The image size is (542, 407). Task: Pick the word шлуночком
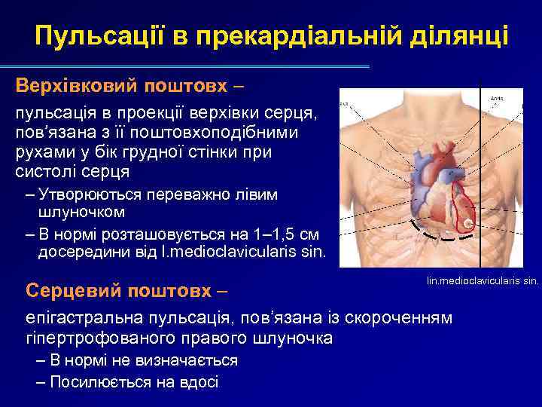point(75,212)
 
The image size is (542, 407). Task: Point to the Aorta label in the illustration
point(496,98)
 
